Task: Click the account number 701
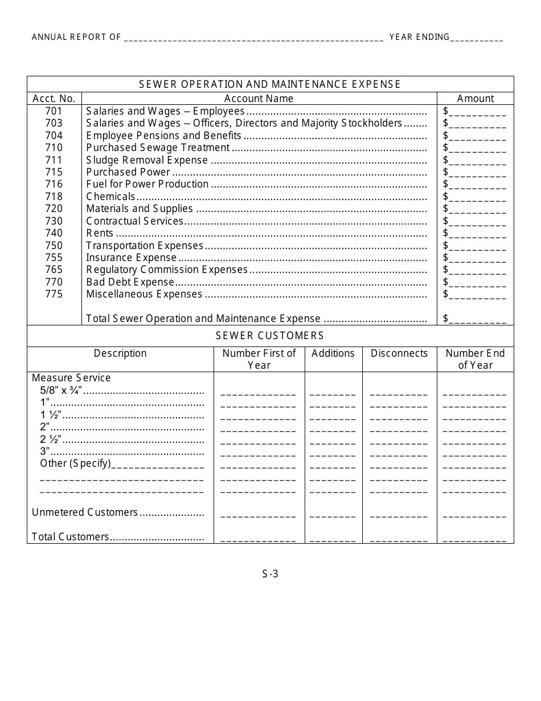(54, 111)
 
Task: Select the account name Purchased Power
(128, 172)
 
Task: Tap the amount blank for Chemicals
(477, 197)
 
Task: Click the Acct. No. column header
(54, 99)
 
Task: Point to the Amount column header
(476, 99)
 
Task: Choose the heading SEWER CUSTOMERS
(270, 336)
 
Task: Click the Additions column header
(333, 353)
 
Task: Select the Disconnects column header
(399, 353)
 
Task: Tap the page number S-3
(270, 574)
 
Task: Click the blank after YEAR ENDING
(477, 39)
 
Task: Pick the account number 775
(54, 294)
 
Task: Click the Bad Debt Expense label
(130, 282)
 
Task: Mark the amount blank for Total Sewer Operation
(477, 319)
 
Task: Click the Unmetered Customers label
(85, 512)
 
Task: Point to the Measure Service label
(71, 378)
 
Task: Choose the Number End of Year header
(476, 359)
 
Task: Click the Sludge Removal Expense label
(147, 160)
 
